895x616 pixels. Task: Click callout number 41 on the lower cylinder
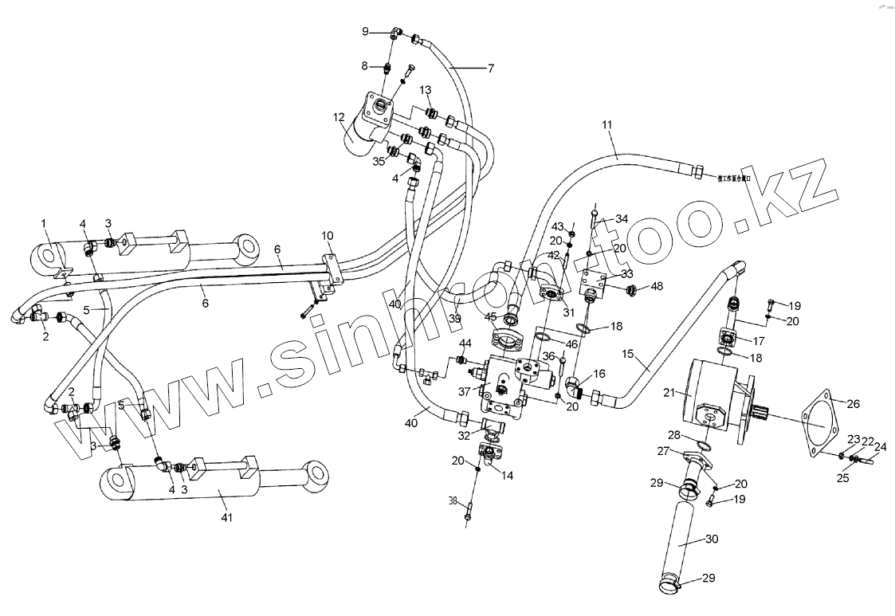click(x=226, y=518)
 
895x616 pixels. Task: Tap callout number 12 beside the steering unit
click(x=340, y=118)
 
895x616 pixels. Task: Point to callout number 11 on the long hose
click(x=607, y=125)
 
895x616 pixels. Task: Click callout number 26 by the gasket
click(x=853, y=404)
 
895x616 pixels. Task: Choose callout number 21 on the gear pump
click(x=667, y=392)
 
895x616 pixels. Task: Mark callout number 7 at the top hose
click(x=491, y=68)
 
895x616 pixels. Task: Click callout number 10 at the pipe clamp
click(x=327, y=236)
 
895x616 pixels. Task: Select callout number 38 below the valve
click(x=453, y=502)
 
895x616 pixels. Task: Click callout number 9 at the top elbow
click(x=366, y=31)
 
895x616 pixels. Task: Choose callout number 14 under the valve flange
click(x=507, y=474)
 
